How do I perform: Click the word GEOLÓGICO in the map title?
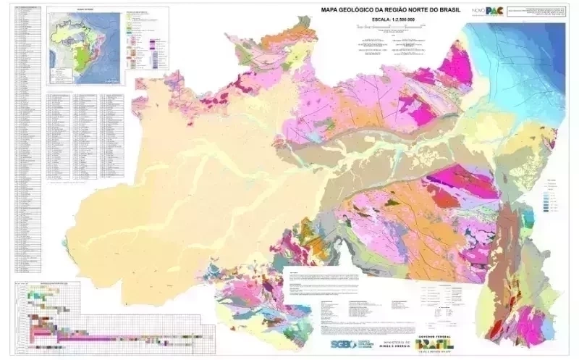tap(358, 10)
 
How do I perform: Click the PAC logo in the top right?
tap(495, 10)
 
